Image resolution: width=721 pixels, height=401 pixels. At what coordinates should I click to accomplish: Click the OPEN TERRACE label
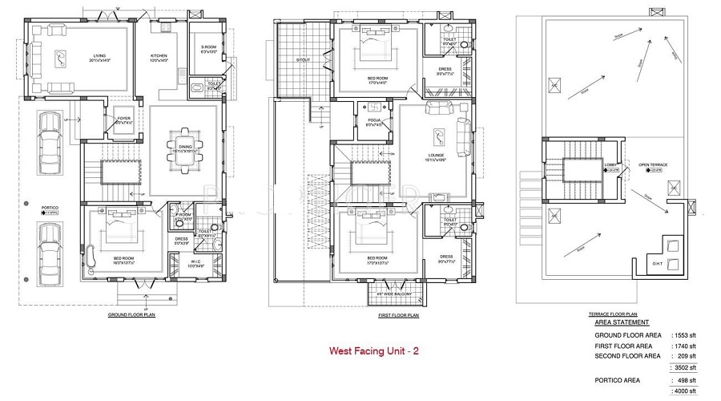tap(653, 165)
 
